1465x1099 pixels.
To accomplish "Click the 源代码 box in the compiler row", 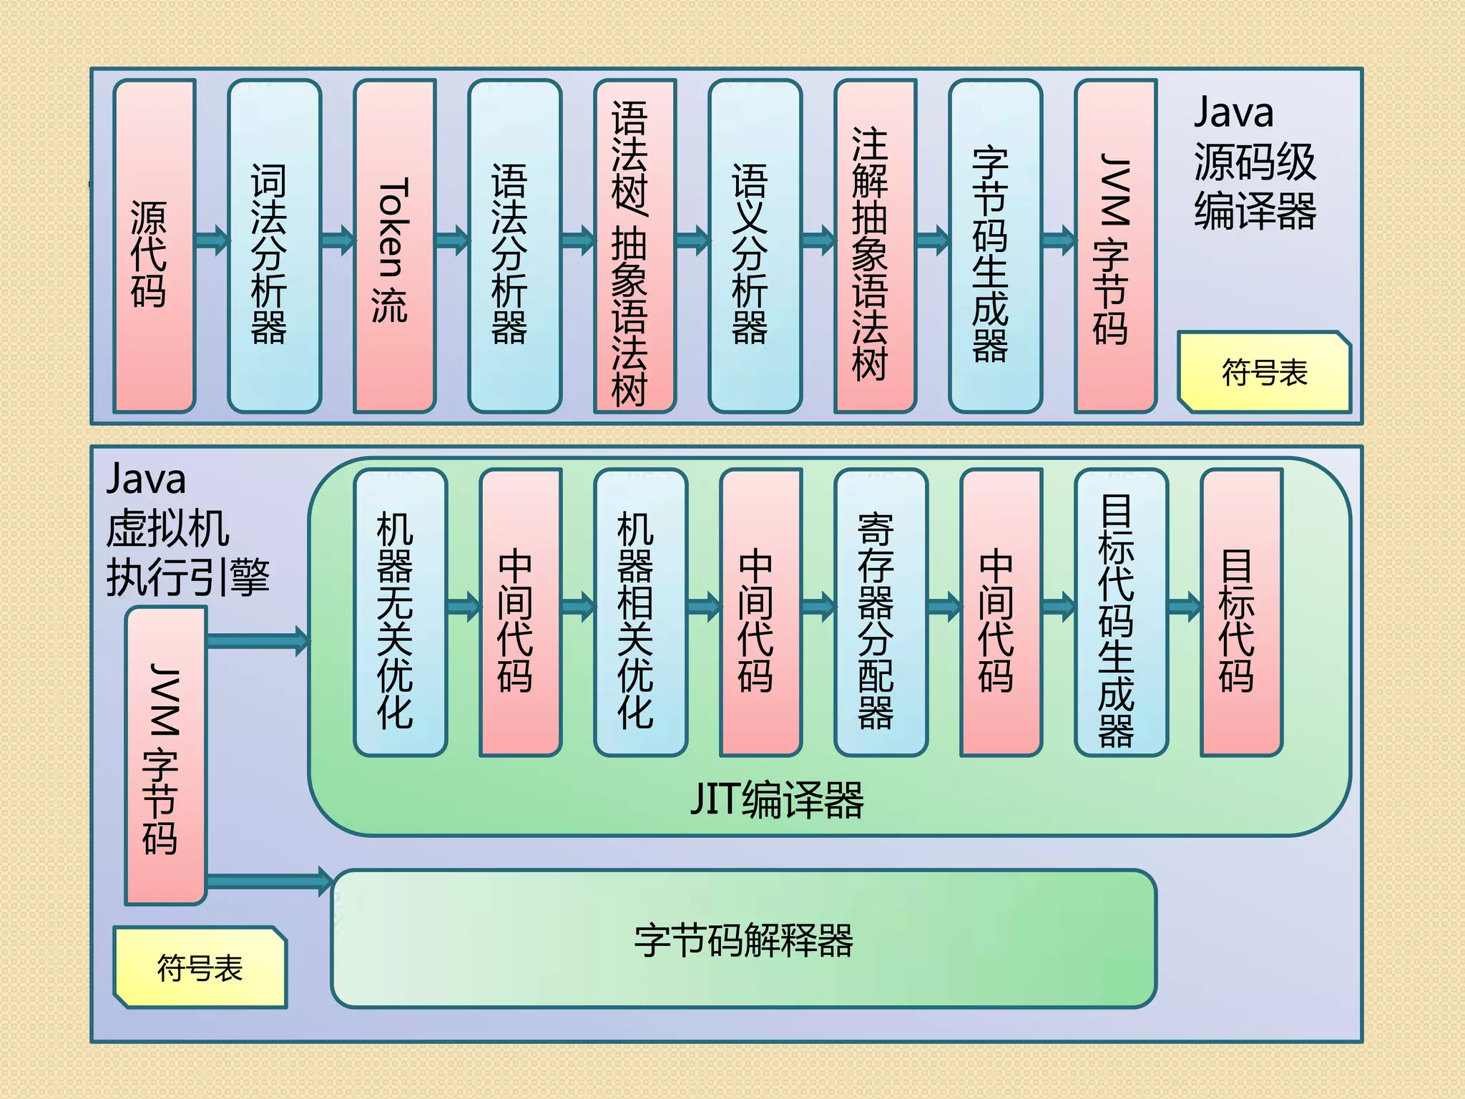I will [x=154, y=247].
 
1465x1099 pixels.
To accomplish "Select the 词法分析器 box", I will [x=274, y=247].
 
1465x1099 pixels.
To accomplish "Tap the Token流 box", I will [x=394, y=247].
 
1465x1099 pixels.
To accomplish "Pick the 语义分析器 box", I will [x=755, y=247].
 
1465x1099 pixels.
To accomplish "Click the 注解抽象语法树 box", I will [x=875, y=247].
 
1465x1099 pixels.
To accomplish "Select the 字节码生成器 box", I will [x=995, y=247].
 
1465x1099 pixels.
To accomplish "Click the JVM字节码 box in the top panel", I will [x=1115, y=247].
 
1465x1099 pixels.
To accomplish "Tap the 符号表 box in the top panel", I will [x=1264, y=373].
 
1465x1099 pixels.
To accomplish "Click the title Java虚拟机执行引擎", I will [x=186, y=529].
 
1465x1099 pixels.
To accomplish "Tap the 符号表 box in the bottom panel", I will [x=200, y=968].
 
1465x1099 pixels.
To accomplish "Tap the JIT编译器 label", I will [x=777, y=799].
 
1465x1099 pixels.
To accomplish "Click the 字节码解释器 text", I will [x=743, y=939].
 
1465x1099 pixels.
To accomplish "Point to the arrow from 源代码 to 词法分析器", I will [x=212, y=240].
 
